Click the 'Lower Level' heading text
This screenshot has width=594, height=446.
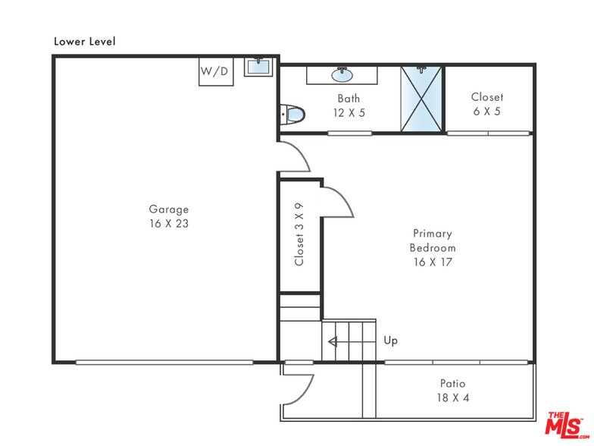coord(84,41)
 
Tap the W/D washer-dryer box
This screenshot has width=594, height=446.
coord(215,71)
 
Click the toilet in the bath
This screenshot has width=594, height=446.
coord(292,115)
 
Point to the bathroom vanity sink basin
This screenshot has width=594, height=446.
coord(342,74)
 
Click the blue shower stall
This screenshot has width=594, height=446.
coord(421,100)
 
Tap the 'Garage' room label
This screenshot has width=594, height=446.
coord(168,209)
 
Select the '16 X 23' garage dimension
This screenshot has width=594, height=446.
coord(168,224)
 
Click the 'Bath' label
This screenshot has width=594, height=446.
coord(349,99)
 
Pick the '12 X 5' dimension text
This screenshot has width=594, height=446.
coord(349,113)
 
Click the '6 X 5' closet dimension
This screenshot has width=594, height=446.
coord(486,111)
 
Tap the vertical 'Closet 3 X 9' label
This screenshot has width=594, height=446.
coord(299,234)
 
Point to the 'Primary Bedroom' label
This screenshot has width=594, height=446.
coord(432,240)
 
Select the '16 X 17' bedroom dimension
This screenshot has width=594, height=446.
coord(432,262)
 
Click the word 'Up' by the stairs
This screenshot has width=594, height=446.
coord(391,341)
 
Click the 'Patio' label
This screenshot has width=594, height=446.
coord(452,383)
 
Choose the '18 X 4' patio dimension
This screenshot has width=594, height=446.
coord(452,397)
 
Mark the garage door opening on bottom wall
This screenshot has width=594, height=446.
coord(164,362)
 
